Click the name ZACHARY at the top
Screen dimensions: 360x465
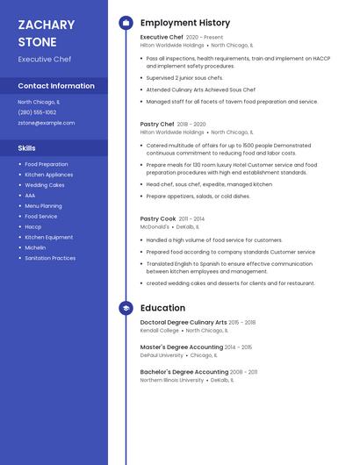click(x=46, y=25)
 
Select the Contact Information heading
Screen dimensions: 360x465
click(x=56, y=86)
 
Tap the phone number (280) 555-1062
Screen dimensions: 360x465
click(x=37, y=112)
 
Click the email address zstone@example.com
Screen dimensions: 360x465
click(x=47, y=123)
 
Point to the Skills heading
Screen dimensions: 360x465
click(x=27, y=148)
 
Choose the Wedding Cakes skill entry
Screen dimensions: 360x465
click(x=44, y=185)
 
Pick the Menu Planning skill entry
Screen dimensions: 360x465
click(x=43, y=206)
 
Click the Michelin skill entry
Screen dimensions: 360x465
click(x=35, y=247)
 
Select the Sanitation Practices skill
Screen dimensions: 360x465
click(x=50, y=258)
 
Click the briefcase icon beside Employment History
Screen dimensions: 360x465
click(x=125, y=23)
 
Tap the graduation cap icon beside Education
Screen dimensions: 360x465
click(x=125, y=308)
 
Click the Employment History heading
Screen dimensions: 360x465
click(x=185, y=23)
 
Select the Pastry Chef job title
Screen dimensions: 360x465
click(x=157, y=125)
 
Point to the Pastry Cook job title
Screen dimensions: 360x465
click(x=158, y=218)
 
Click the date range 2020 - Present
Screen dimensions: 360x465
click(x=205, y=38)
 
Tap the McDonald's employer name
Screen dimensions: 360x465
click(x=155, y=226)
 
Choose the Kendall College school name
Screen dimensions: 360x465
click(x=160, y=330)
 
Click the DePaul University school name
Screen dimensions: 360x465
click(x=162, y=355)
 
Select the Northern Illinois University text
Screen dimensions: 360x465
click(x=172, y=380)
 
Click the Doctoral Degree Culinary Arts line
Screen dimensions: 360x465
click(x=184, y=322)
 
